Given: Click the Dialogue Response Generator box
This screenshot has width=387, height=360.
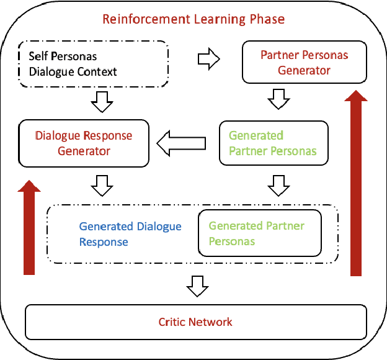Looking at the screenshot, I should (84, 143).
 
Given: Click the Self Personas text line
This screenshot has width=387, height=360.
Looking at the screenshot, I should (54, 56).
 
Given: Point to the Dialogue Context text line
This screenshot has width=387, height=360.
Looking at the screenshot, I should (73, 71).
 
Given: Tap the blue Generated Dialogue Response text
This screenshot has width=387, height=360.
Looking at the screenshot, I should (130, 234).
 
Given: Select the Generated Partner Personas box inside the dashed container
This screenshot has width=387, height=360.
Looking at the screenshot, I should (260, 233).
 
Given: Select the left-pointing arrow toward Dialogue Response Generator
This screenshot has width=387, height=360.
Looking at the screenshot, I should (180, 144).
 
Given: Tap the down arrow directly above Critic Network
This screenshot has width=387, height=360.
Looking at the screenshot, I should (197, 287).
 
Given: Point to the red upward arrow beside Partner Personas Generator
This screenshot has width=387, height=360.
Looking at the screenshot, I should (356, 183).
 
